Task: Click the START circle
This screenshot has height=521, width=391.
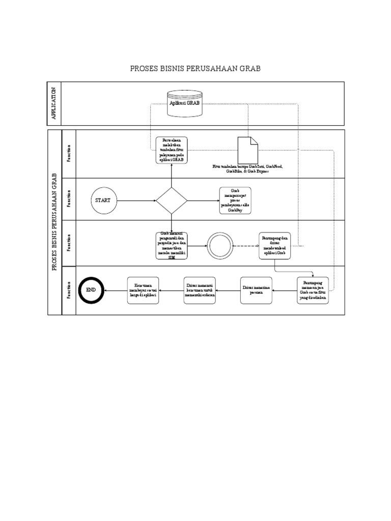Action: (x=102, y=200)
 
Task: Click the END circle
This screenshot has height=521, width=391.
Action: (x=91, y=290)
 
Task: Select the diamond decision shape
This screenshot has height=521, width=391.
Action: (x=172, y=200)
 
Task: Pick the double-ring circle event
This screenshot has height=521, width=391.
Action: (x=219, y=246)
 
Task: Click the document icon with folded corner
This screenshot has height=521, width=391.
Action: (x=247, y=150)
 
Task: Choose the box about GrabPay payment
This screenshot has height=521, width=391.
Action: (x=235, y=200)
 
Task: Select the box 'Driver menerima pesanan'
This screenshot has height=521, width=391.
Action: (x=256, y=290)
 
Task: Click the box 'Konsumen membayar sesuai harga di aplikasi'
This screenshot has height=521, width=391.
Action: (x=143, y=290)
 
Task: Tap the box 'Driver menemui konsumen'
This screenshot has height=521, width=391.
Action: (x=200, y=290)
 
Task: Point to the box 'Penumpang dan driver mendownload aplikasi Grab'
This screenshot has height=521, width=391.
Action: (x=275, y=245)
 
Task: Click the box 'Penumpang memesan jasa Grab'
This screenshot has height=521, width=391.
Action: (x=313, y=290)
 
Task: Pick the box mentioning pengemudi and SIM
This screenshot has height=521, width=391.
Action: (x=172, y=245)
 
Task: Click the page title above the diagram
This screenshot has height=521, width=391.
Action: (x=195, y=68)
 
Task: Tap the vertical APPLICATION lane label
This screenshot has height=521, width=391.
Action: (x=53, y=103)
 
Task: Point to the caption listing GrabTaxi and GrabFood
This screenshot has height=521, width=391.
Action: (x=247, y=169)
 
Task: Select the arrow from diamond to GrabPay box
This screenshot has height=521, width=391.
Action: (x=203, y=200)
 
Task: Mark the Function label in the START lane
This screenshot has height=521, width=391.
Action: (x=68, y=199)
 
